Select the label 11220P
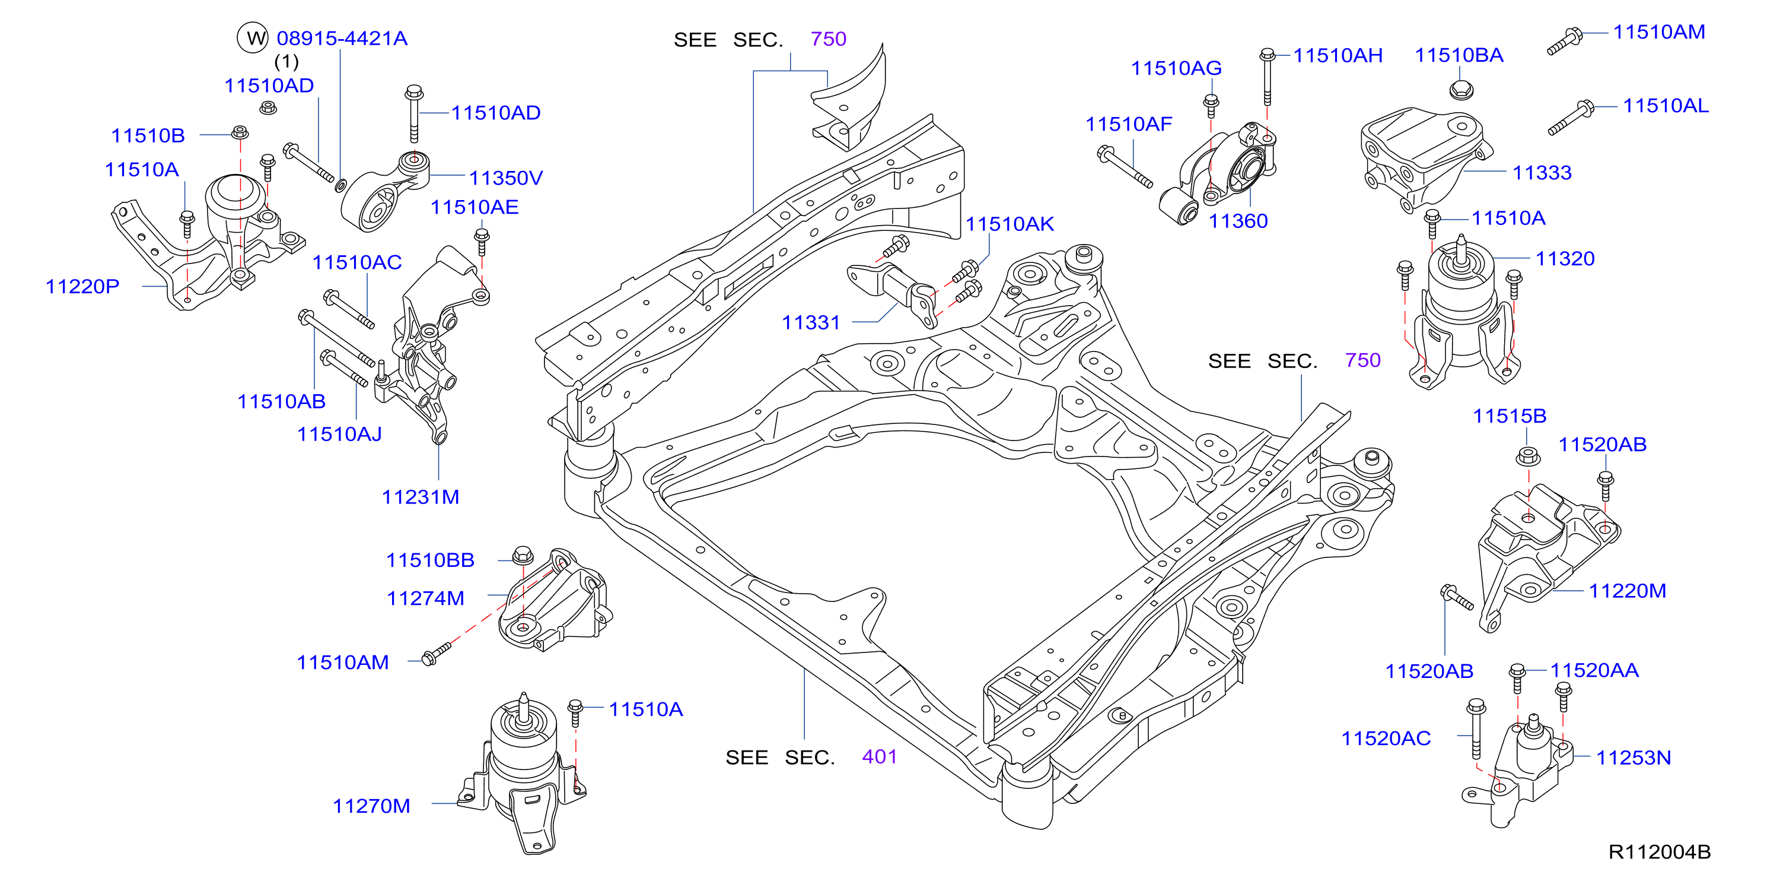82,286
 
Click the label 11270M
371,806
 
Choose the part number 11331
811,322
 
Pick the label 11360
1238,221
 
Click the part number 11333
1542,172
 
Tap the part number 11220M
1628,591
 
